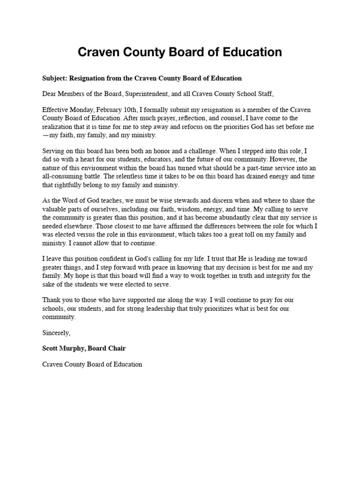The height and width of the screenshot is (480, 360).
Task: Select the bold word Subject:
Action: coord(56,78)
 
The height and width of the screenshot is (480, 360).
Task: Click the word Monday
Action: coord(85,110)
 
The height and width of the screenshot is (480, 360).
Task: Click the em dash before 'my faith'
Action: coord(45,135)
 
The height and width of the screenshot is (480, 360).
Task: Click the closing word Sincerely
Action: coord(56,333)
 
